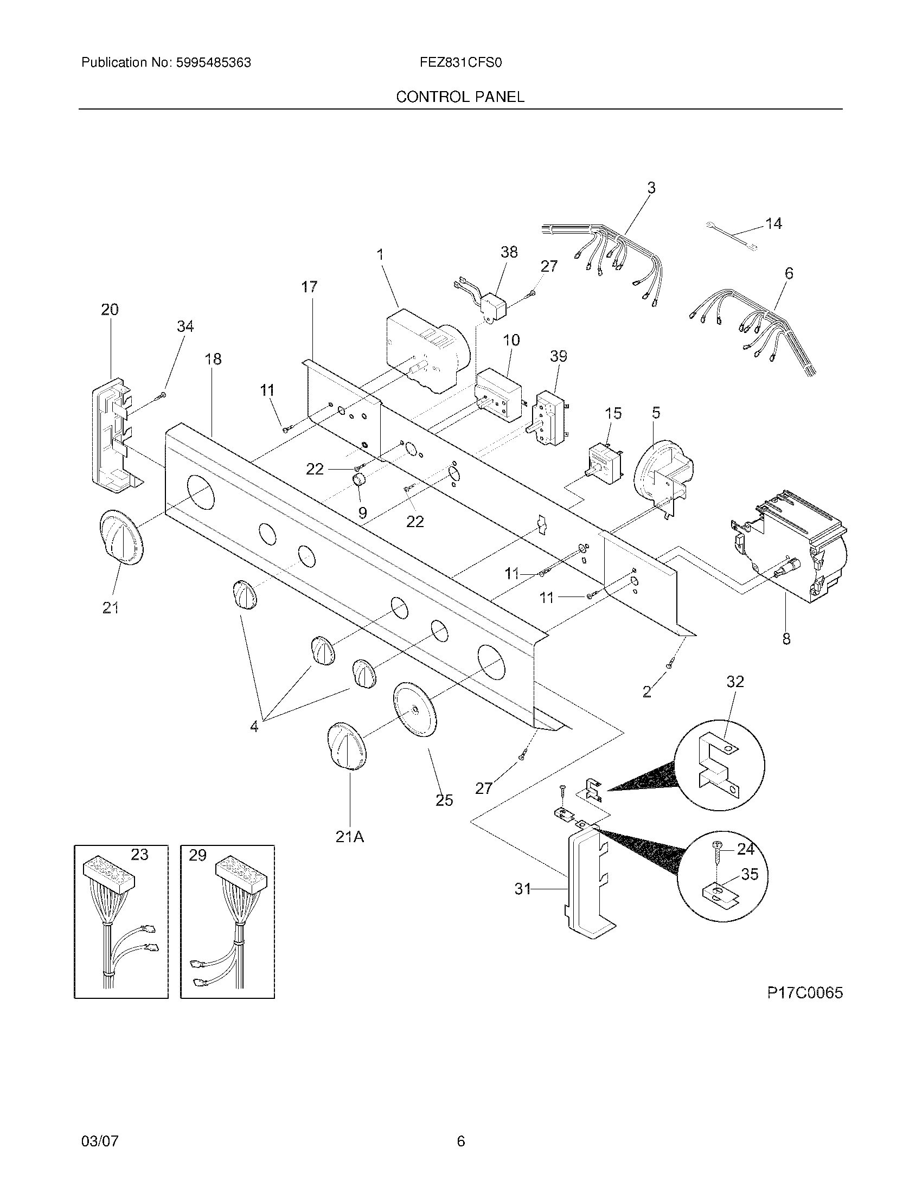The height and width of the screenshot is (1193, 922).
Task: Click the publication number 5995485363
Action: pyautogui.click(x=213, y=63)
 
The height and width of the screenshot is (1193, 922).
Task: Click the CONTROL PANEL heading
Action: pyautogui.click(x=460, y=97)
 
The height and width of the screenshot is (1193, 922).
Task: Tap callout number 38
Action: pyautogui.click(x=509, y=252)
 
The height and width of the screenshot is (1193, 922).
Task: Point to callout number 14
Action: pyautogui.click(x=773, y=223)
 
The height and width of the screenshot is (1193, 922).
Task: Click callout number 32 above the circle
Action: pyautogui.click(x=735, y=682)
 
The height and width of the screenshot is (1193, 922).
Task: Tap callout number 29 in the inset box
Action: pyautogui.click(x=197, y=855)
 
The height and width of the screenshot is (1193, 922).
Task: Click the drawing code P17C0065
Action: pyautogui.click(x=805, y=992)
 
